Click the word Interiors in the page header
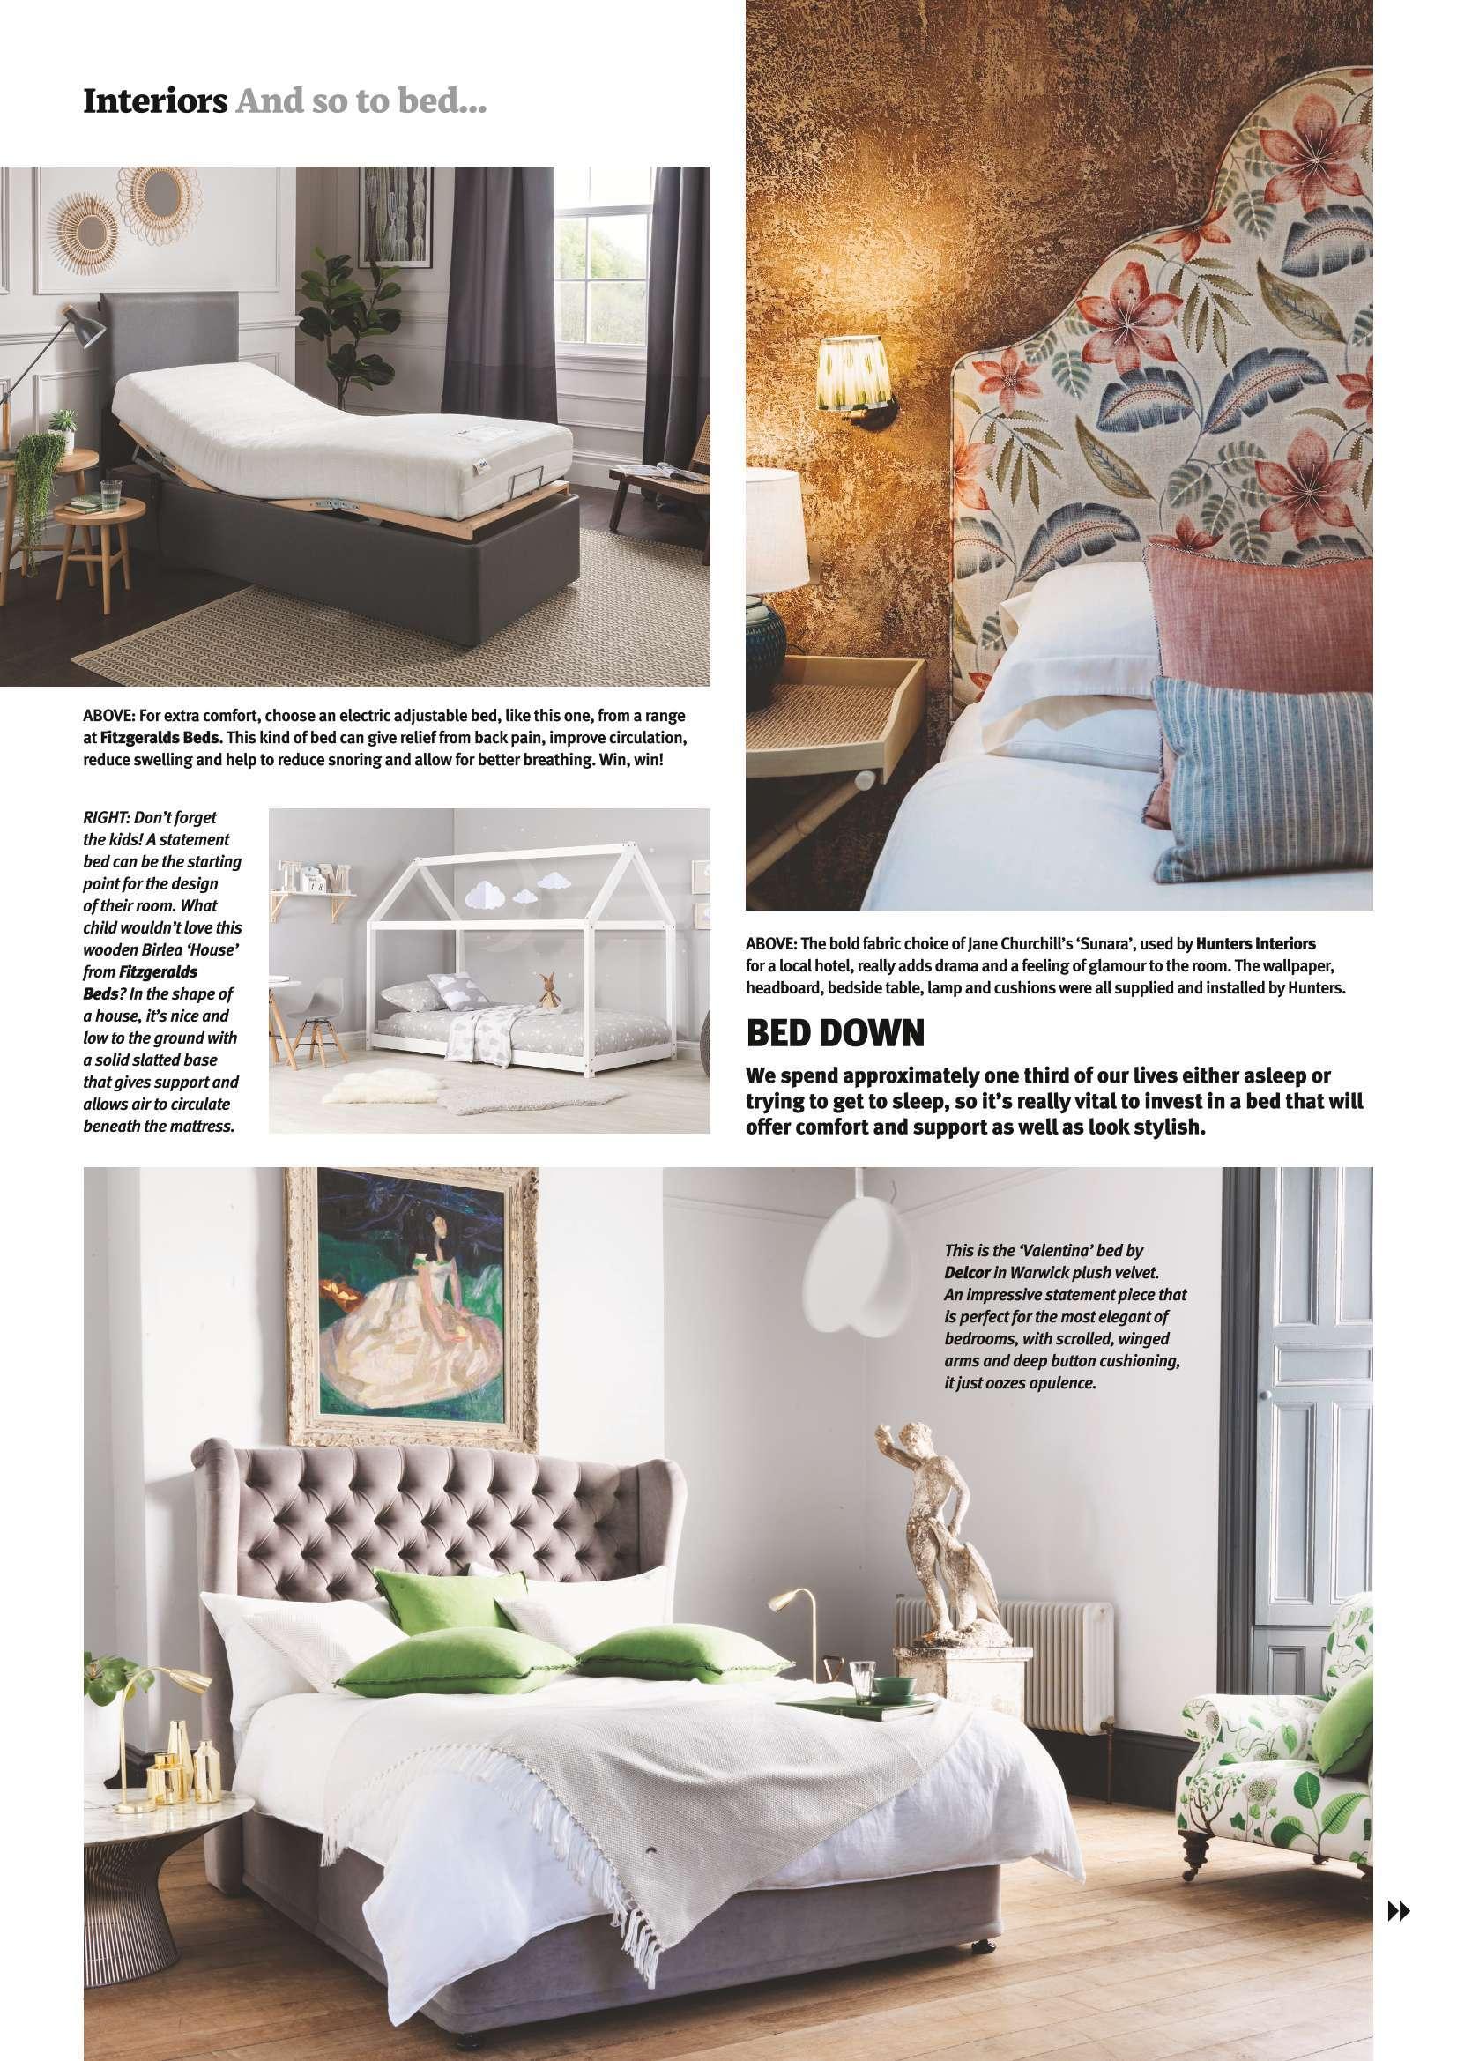(x=154, y=101)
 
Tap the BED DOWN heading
(x=835, y=1034)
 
